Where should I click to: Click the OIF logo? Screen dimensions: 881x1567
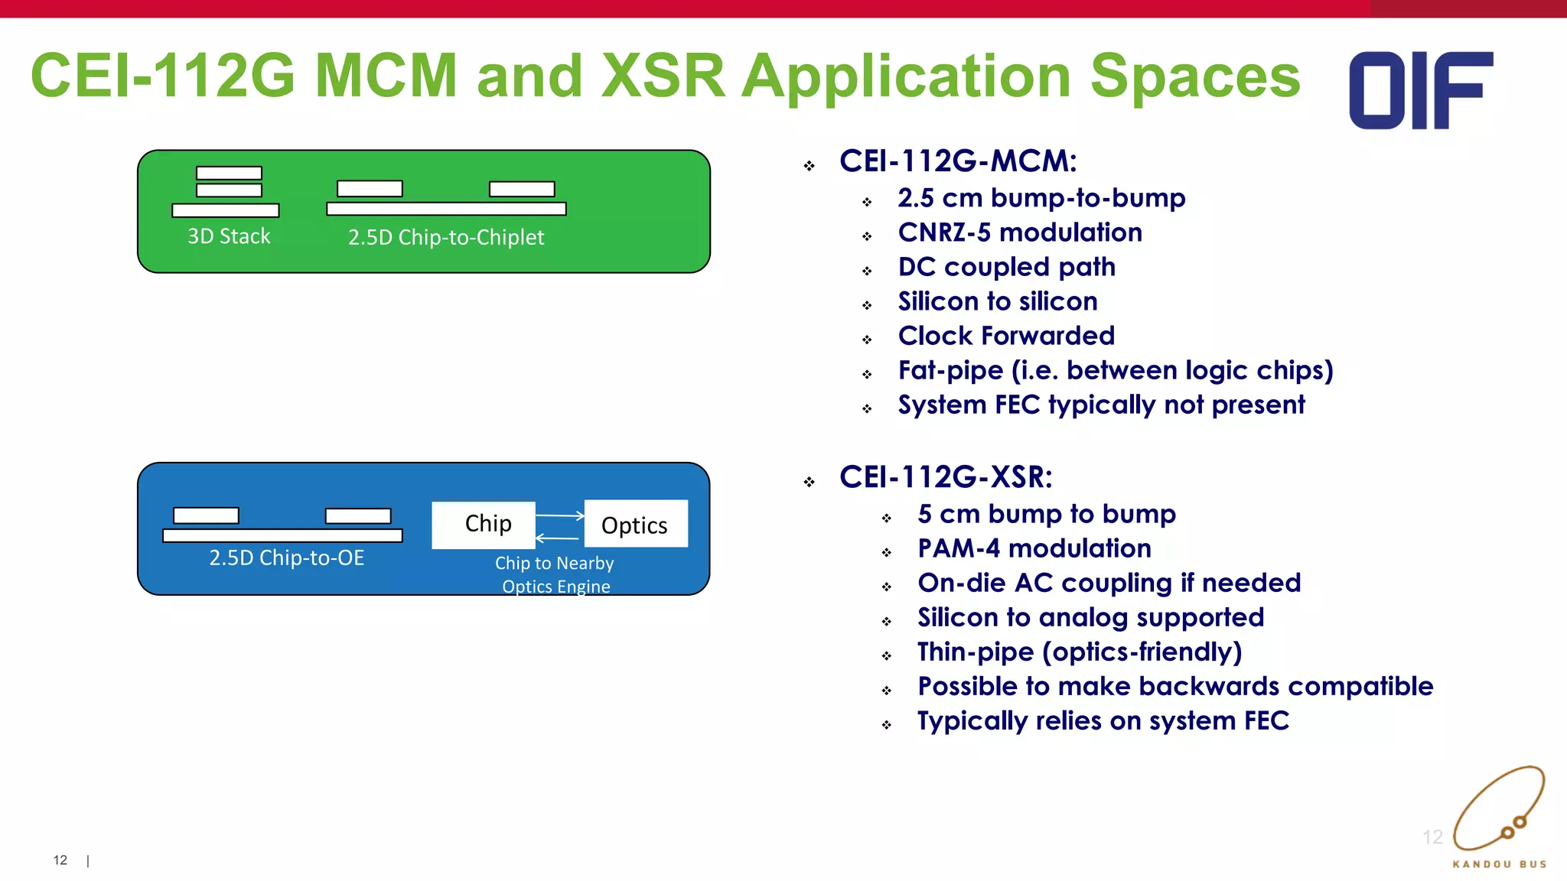pyautogui.click(x=1420, y=90)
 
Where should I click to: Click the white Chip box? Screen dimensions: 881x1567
pyautogui.click(x=484, y=525)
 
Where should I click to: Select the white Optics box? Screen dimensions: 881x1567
pyautogui.click(x=636, y=524)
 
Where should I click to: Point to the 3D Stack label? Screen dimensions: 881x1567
pyautogui.click(x=229, y=236)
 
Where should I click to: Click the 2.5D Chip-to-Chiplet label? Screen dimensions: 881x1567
pyautogui.click(x=446, y=237)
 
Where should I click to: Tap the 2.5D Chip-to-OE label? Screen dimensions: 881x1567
pyautogui.click(x=286, y=558)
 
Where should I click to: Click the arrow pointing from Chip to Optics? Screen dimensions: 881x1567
pyautogui.click(x=560, y=516)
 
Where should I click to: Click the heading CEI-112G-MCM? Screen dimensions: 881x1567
pyautogui.click(x=958, y=161)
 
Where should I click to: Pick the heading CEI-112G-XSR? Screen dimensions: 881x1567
pyautogui.click(x=946, y=477)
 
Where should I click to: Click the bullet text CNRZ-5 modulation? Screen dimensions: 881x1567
pyautogui.click(x=1020, y=232)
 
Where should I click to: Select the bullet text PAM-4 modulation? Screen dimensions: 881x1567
pyautogui.click(x=1034, y=548)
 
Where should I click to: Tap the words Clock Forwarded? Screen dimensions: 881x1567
pyautogui.click(x=1006, y=336)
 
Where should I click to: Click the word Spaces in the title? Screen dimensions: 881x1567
pyautogui.click(x=1194, y=76)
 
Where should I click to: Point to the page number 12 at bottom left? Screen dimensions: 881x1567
pyautogui.click(x=60, y=860)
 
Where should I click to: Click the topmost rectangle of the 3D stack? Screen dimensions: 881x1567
pyautogui.click(x=229, y=174)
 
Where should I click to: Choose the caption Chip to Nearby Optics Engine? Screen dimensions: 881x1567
pyautogui.click(x=555, y=574)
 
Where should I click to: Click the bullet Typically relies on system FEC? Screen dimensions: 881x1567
pyautogui.click(x=1103, y=720)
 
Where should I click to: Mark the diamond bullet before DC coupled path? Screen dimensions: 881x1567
pyautogui.click(x=867, y=271)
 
